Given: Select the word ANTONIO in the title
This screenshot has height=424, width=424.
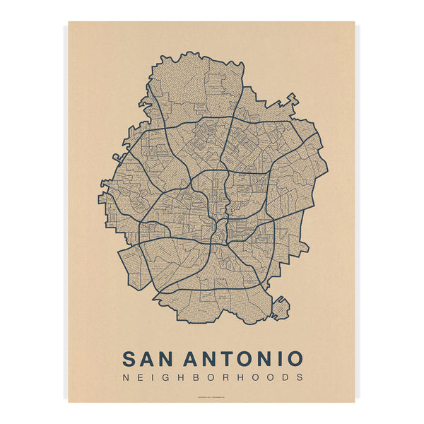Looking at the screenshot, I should (x=246, y=358).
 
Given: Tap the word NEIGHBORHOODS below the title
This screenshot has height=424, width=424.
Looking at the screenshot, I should (x=212, y=377).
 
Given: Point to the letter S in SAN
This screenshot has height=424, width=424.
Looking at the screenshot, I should (x=130, y=358).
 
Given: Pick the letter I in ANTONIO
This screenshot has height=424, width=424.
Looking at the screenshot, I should (x=281, y=358).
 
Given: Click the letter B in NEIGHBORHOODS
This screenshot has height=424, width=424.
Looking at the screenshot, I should (x=184, y=377).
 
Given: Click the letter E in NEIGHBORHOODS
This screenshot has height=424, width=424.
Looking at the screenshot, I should (x=138, y=377).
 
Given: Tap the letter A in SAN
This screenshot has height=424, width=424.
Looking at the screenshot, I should (x=150, y=358).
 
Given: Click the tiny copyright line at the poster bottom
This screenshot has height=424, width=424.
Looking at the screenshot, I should (x=212, y=396).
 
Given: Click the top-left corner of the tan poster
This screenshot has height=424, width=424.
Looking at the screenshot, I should (x=69, y=22).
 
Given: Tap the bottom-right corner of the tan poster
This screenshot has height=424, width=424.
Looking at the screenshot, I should (x=354, y=401).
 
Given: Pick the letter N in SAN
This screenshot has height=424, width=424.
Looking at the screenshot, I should (x=170, y=358).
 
